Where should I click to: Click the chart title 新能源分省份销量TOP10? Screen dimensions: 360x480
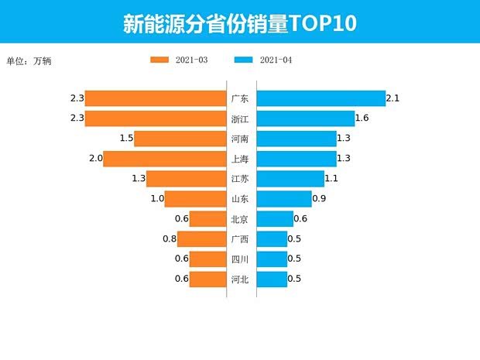click(239, 23)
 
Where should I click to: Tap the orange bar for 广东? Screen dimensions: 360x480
click(155, 98)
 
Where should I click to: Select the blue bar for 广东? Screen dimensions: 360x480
click(321, 98)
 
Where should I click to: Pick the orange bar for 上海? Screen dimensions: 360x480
click(164, 159)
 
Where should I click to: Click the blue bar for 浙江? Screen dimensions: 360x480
click(305, 118)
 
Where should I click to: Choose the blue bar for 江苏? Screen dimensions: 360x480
click(290, 179)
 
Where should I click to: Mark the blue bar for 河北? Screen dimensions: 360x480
click(272, 279)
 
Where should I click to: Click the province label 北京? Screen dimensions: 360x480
click(240, 219)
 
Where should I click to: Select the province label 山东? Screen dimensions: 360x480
click(240, 199)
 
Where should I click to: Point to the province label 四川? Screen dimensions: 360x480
click(240, 259)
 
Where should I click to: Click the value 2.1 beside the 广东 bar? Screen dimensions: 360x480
click(393, 98)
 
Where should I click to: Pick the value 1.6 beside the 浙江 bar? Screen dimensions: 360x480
click(362, 118)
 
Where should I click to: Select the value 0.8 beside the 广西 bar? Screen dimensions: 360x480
click(170, 239)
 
